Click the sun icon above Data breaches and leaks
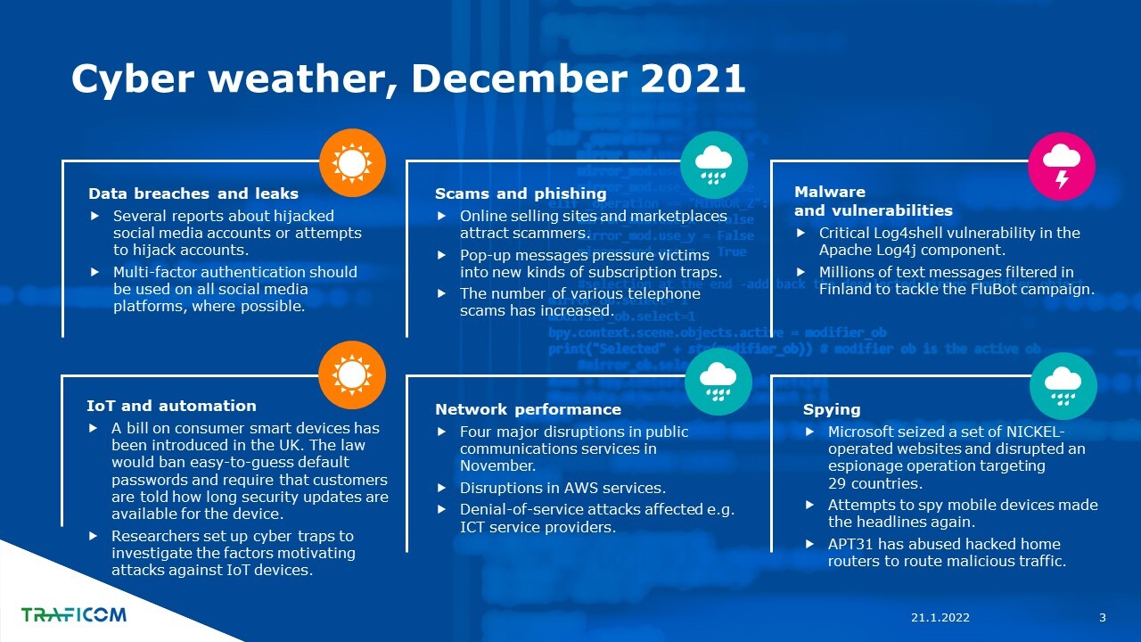pos(352,163)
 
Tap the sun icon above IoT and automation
pos(352,375)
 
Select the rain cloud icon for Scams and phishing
pos(714,165)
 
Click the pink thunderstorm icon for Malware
pos(1062,166)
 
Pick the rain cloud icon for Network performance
pos(718,382)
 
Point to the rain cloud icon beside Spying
pos(1063,386)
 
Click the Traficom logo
pos(74,614)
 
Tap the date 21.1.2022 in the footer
pos(940,618)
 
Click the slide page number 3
pos(1103,618)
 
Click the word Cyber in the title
pos(133,80)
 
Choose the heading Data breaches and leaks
pos(193,193)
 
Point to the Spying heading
pos(832,409)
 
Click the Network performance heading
pos(529,409)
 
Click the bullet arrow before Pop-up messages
pos(441,255)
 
